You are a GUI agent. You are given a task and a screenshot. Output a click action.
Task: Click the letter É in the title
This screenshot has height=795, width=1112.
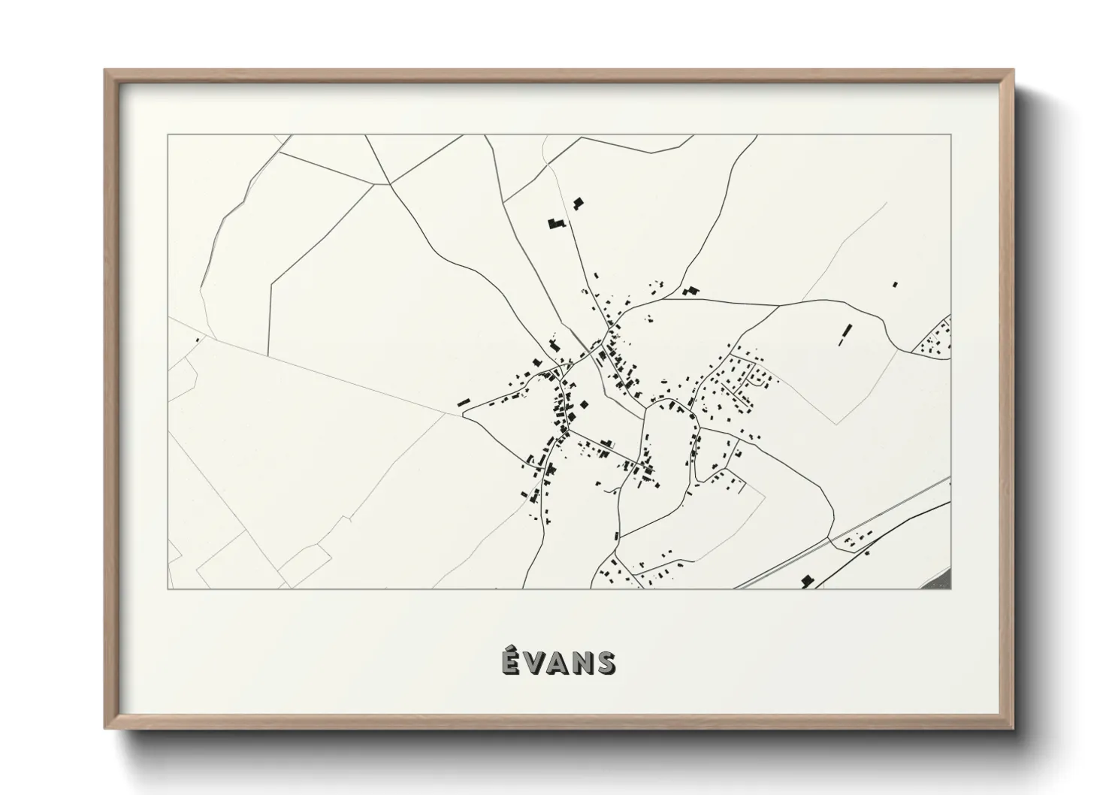click(510, 664)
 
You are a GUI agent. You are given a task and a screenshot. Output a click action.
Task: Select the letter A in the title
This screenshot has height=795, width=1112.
click(558, 664)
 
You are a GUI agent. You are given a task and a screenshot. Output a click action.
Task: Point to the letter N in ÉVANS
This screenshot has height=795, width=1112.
click(582, 664)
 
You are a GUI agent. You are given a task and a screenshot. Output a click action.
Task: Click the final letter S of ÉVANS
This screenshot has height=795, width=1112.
click(606, 664)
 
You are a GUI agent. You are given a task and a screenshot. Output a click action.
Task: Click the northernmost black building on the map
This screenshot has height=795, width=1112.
click(578, 203)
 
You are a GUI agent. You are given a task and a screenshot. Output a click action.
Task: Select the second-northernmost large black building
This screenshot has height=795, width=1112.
click(555, 224)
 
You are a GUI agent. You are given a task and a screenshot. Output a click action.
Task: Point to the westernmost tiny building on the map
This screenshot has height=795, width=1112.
click(198, 340)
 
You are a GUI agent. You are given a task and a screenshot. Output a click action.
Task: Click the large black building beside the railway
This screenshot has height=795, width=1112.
click(808, 581)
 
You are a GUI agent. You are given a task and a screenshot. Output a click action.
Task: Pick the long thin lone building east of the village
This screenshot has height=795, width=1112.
click(845, 334)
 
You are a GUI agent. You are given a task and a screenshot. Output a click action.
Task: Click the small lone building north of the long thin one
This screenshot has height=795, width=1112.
click(895, 284)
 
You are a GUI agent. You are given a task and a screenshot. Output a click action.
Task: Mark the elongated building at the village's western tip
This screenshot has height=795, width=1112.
click(464, 403)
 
